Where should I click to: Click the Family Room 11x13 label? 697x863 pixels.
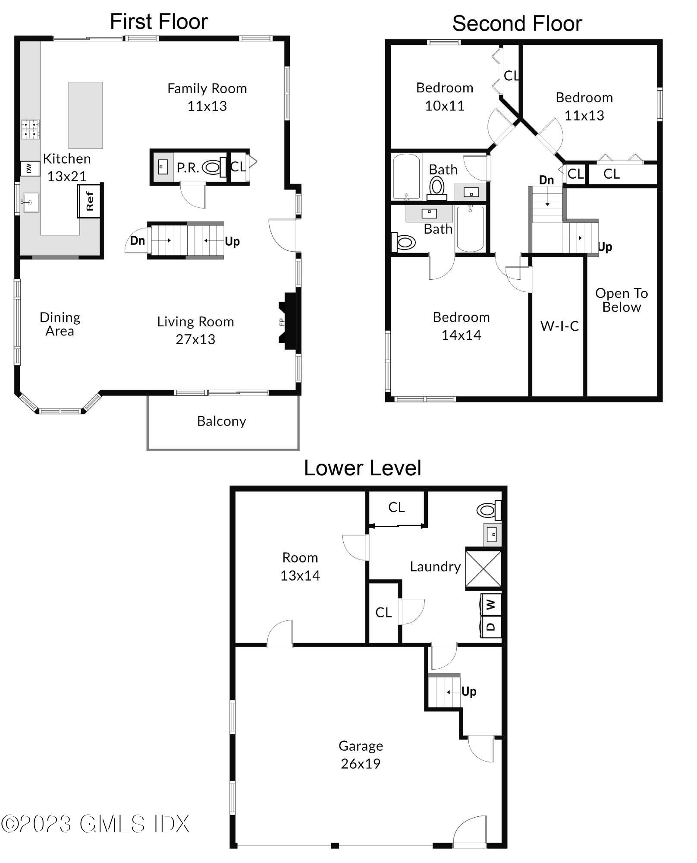click(x=207, y=97)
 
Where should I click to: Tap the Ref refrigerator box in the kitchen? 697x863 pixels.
click(x=89, y=201)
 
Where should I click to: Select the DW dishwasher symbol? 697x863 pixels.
click(x=29, y=168)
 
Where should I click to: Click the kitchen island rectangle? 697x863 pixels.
click(x=85, y=115)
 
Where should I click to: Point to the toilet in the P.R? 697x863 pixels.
click(x=213, y=167)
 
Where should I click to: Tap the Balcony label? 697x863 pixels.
click(x=221, y=421)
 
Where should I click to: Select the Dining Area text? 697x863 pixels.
click(x=60, y=324)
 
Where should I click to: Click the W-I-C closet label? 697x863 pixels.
click(x=559, y=326)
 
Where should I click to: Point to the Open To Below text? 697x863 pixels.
click(x=621, y=300)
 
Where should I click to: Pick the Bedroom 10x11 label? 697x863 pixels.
click(x=444, y=97)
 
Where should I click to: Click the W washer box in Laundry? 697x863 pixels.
click(x=491, y=604)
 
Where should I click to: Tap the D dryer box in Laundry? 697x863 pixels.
click(x=491, y=626)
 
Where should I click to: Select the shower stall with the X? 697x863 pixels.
click(x=484, y=569)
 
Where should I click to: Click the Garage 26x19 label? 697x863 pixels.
click(x=361, y=754)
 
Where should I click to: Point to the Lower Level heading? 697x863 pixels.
click(x=362, y=468)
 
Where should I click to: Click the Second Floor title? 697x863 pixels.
click(x=517, y=23)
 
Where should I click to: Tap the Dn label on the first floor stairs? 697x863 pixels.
click(x=138, y=240)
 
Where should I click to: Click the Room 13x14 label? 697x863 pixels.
click(x=300, y=566)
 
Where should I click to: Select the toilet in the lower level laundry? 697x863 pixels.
click(x=487, y=510)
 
